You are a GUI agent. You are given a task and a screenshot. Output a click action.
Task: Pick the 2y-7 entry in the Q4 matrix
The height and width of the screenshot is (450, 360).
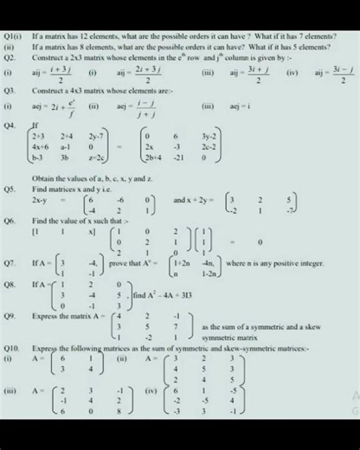(96, 136)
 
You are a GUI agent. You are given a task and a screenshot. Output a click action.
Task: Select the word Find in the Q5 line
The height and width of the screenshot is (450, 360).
(40, 187)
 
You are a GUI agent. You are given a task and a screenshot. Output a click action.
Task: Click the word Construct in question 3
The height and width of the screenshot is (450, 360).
(51, 90)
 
